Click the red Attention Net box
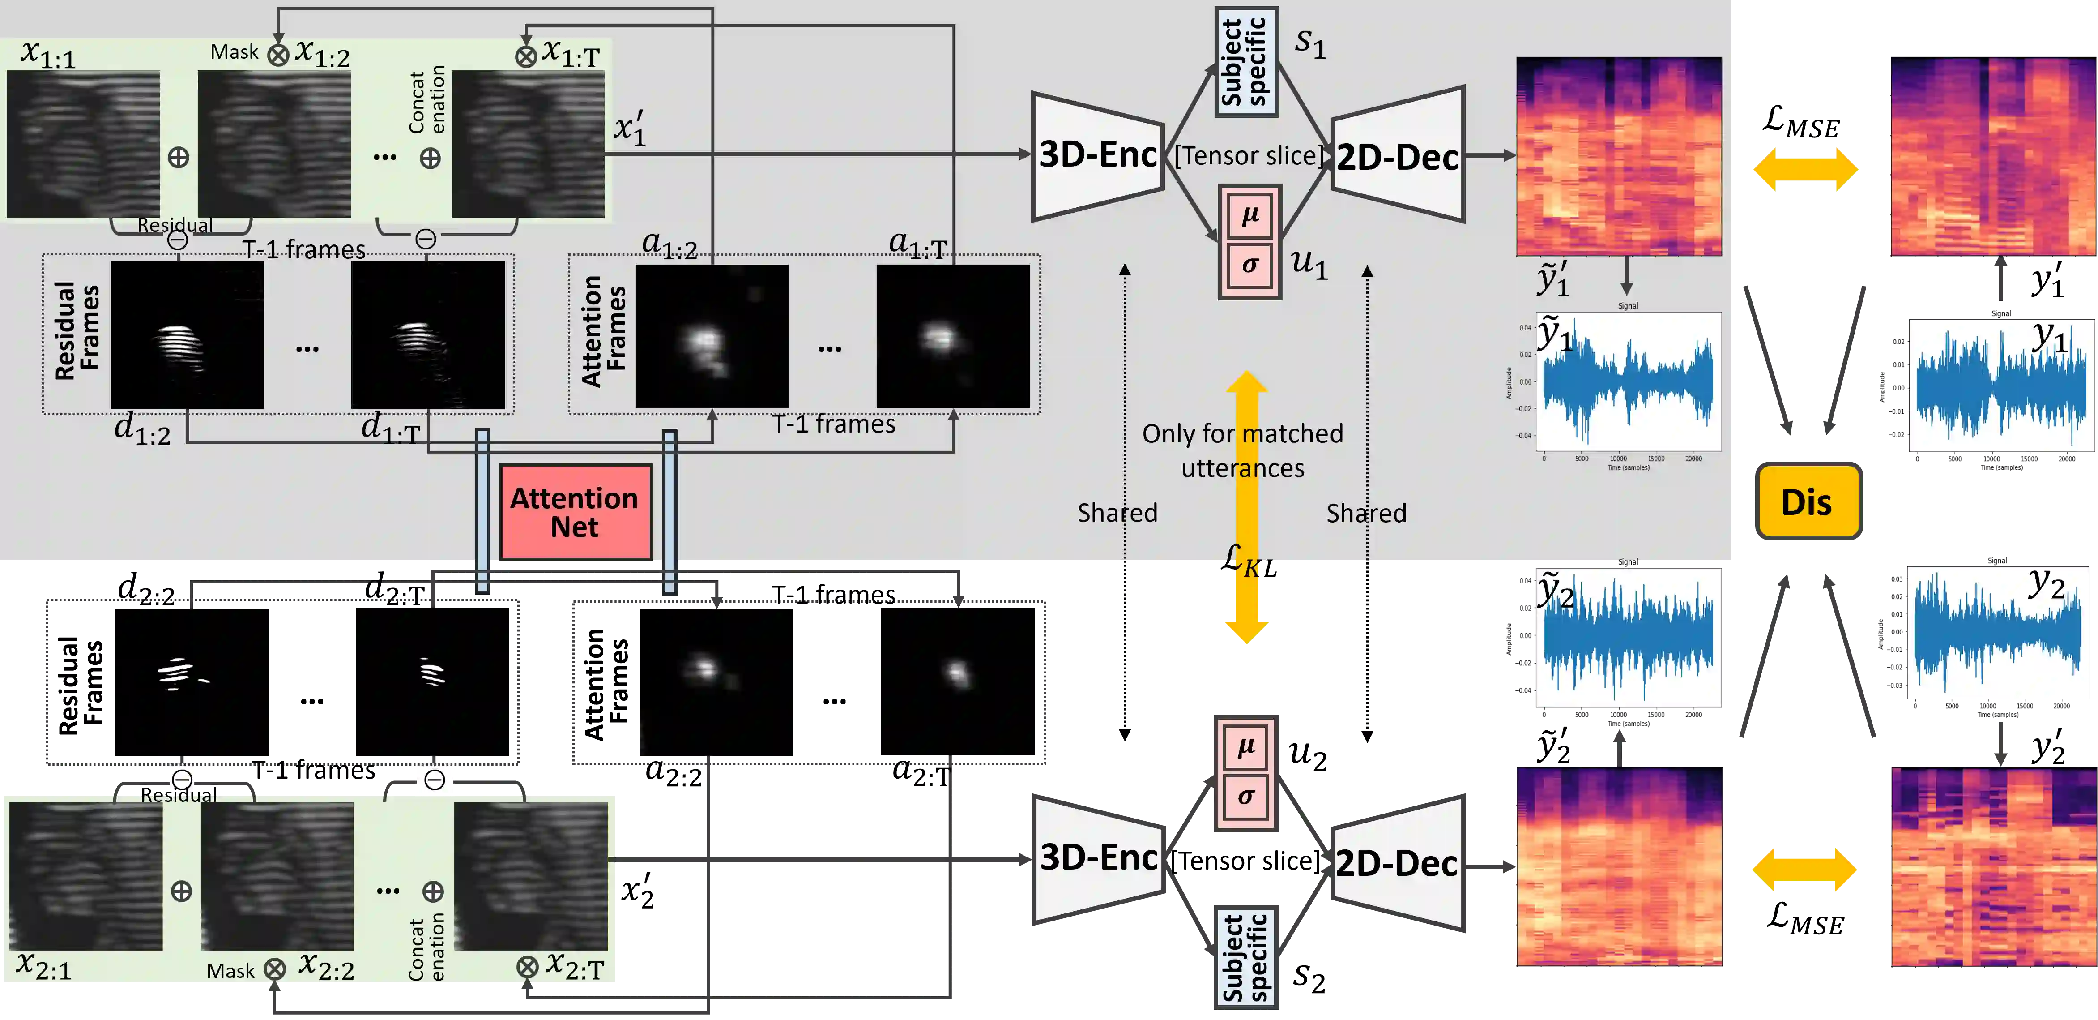coord(575,512)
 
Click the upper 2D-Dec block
coord(1398,156)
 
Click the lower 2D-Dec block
coord(1396,864)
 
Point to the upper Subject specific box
coord(1245,62)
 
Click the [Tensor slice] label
coord(1249,155)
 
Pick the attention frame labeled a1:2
coord(712,336)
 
